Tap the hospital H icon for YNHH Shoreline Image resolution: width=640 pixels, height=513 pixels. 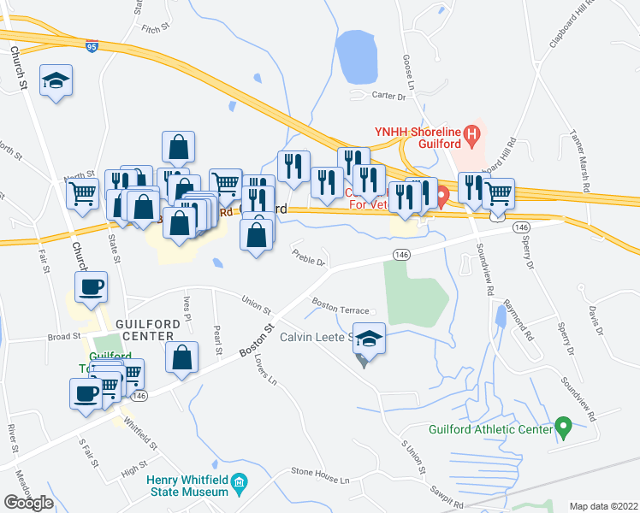coord(471,133)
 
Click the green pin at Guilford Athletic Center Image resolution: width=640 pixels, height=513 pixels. coord(563,425)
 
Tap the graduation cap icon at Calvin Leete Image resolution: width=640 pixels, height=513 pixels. coord(370,339)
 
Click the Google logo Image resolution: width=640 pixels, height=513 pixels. coord(28,503)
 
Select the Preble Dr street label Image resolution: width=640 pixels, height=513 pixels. coord(309,257)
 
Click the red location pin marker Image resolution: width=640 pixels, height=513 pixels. coord(442,198)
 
